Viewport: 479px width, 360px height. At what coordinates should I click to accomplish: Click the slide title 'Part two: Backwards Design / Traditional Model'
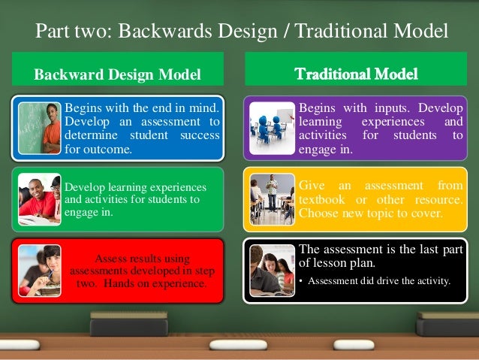242,32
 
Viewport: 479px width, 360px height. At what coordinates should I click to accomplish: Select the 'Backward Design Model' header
118,74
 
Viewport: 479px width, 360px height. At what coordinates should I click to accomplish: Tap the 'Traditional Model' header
356,74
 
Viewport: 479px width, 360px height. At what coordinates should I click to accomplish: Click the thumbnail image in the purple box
272,124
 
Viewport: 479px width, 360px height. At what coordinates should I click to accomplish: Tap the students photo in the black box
272,271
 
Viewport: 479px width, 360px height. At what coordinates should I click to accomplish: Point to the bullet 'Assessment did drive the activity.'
379,282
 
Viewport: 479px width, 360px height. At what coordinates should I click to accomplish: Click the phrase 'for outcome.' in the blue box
98,149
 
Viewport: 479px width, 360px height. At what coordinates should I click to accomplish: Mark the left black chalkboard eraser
129,324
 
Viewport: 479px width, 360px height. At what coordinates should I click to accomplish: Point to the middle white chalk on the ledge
237,345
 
